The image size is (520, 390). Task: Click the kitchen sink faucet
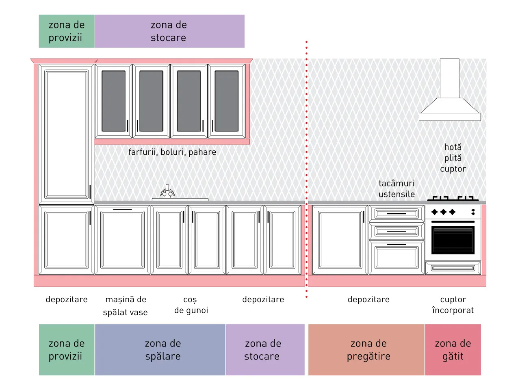point(167,191)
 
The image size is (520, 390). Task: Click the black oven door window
point(453,240)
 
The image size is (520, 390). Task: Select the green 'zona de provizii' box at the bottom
point(67,349)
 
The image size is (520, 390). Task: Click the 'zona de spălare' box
point(160,349)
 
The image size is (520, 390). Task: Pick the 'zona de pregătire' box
point(366,349)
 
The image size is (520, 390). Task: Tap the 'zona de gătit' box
point(453,349)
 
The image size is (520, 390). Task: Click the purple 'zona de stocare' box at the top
point(170,31)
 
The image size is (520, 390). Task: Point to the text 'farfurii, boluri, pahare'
point(172,152)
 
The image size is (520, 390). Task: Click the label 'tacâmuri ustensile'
point(396,189)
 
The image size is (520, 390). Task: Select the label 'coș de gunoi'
point(191,305)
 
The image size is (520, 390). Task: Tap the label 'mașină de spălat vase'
point(126,306)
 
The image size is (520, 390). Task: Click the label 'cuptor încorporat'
point(453,305)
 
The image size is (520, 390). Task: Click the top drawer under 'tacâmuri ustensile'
point(396,214)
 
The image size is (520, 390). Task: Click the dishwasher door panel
point(122,240)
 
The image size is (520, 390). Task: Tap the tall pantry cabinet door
point(67,134)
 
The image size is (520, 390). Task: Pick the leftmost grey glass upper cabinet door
point(114,101)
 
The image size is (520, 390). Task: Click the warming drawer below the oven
point(453,268)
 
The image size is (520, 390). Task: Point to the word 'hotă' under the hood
point(453,147)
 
